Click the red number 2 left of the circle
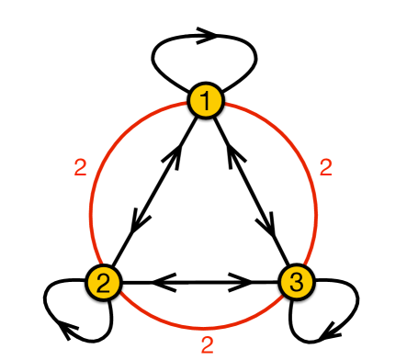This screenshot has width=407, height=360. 80,167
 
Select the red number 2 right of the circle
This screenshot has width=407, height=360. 324,167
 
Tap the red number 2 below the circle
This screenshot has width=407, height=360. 208,344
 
